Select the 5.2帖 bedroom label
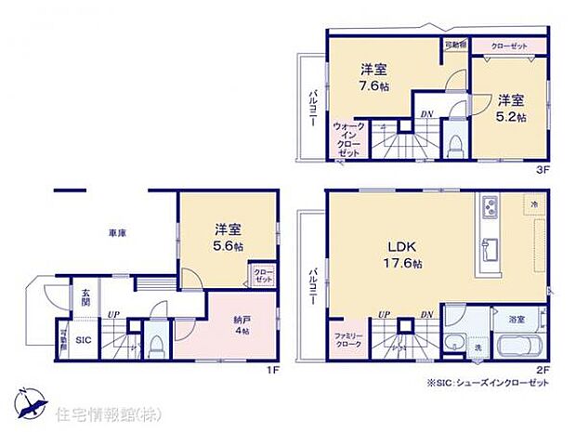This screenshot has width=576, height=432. tap(510, 108)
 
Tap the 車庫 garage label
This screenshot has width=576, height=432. tap(116, 233)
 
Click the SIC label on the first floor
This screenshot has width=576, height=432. tap(82, 340)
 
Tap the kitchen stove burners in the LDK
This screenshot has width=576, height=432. tap(490, 205)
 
